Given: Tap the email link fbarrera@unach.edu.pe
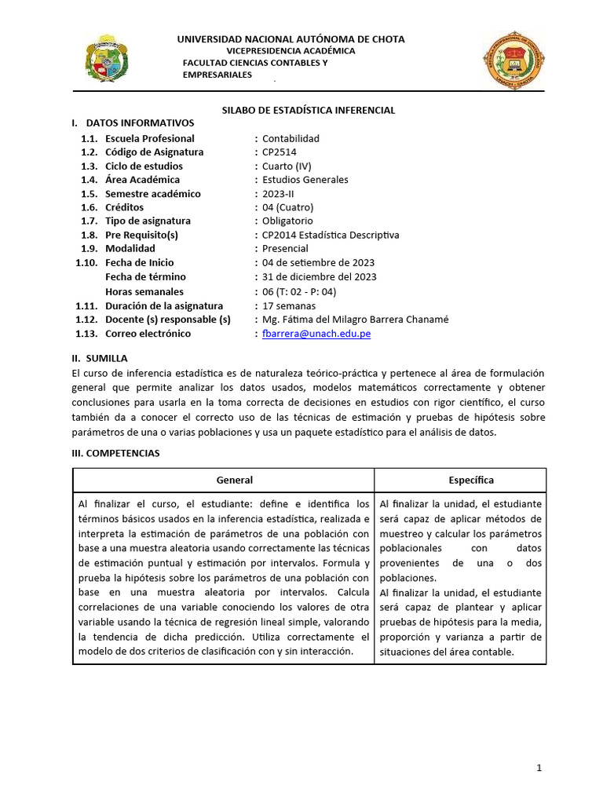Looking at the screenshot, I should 316,334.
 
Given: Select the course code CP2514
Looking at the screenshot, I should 280,152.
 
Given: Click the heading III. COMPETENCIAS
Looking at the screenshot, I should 115,454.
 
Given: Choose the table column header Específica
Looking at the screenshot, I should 460,481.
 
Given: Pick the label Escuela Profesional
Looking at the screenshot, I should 149,139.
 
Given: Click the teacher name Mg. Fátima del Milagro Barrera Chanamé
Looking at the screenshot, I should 356,320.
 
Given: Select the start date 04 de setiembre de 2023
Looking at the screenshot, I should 318,263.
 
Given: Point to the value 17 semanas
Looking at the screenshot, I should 289,306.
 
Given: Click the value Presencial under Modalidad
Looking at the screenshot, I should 285,249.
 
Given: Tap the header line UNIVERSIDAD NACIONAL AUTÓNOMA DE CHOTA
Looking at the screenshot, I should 291,39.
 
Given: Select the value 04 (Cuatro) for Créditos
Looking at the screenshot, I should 287,207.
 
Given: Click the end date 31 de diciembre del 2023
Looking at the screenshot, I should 319,276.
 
